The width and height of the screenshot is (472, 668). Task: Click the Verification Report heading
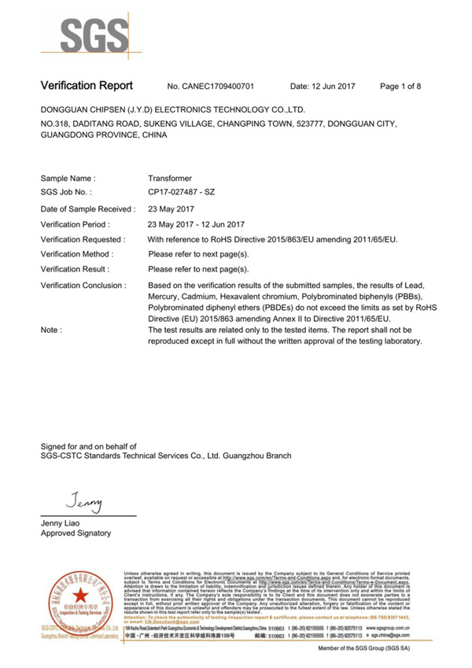87,85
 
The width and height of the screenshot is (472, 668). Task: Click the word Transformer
170,179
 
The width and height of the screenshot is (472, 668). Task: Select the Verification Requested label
83,238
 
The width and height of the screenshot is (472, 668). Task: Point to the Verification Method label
77,254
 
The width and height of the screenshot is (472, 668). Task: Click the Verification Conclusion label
83,285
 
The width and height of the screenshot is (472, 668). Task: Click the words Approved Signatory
76,533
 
